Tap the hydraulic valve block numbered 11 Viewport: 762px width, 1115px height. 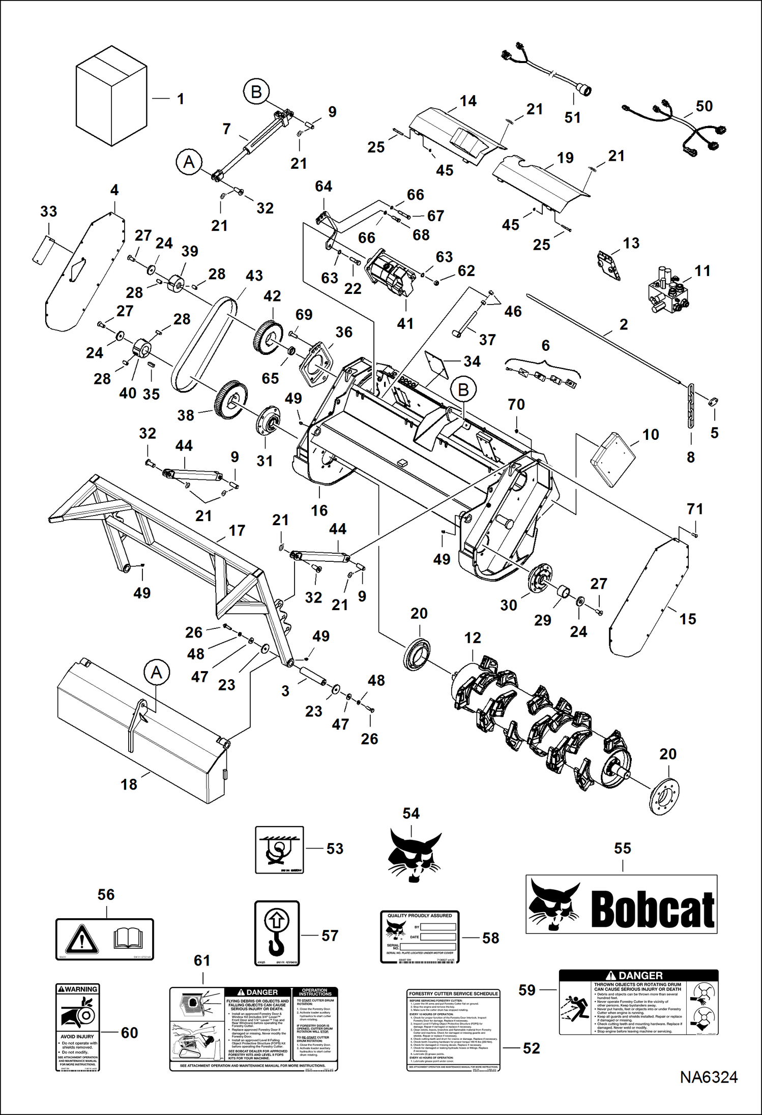pyautogui.click(x=667, y=293)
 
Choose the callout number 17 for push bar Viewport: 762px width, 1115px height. pyautogui.click(x=237, y=530)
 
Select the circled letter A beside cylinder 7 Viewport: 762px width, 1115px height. pyautogui.click(x=189, y=162)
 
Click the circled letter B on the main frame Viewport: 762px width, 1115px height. pyautogui.click(x=463, y=390)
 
